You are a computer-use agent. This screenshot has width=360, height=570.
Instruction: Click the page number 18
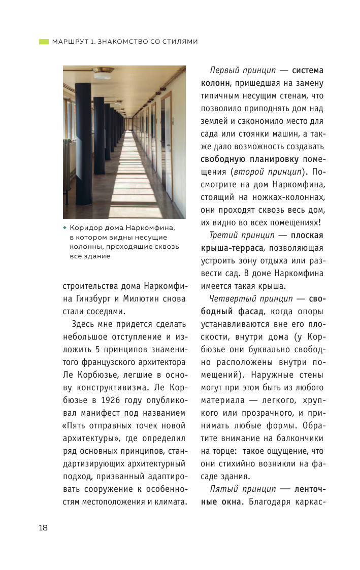coord(43,528)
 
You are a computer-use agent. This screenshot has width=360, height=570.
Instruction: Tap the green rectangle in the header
coord(44,41)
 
